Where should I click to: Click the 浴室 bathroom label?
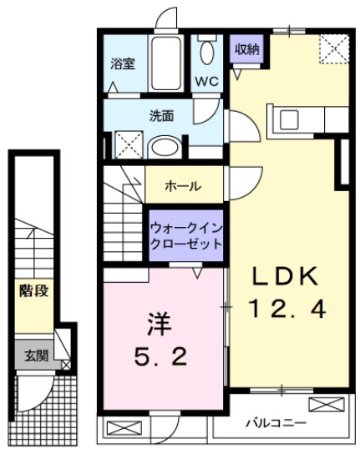tap(124, 64)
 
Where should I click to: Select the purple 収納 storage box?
tap(246, 49)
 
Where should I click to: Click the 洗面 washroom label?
tap(162, 115)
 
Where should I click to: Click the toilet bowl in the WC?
tap(208, 52)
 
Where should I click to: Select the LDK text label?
tap(286, 276)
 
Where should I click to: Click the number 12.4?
tap(286, 310)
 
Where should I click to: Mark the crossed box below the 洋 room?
tap(119, 431)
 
